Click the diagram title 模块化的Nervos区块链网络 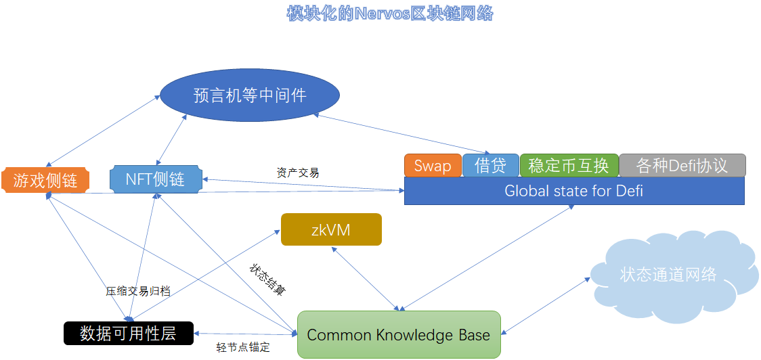[390, 13]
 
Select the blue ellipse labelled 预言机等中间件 [249, 95]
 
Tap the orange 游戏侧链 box [45, 180]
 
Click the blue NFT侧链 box [156, 179]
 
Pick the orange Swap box [433, 166]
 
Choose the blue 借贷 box [491, 166]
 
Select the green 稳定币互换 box [569, 166]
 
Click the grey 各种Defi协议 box [682, 166]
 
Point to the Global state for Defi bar [574, 191]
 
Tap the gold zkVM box [331, 229]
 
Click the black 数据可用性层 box [128, 333]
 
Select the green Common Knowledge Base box [399, 334]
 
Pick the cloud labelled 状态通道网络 [668, 274]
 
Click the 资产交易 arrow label [298, 173]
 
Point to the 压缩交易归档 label [137, 291]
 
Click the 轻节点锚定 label [243, 347]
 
